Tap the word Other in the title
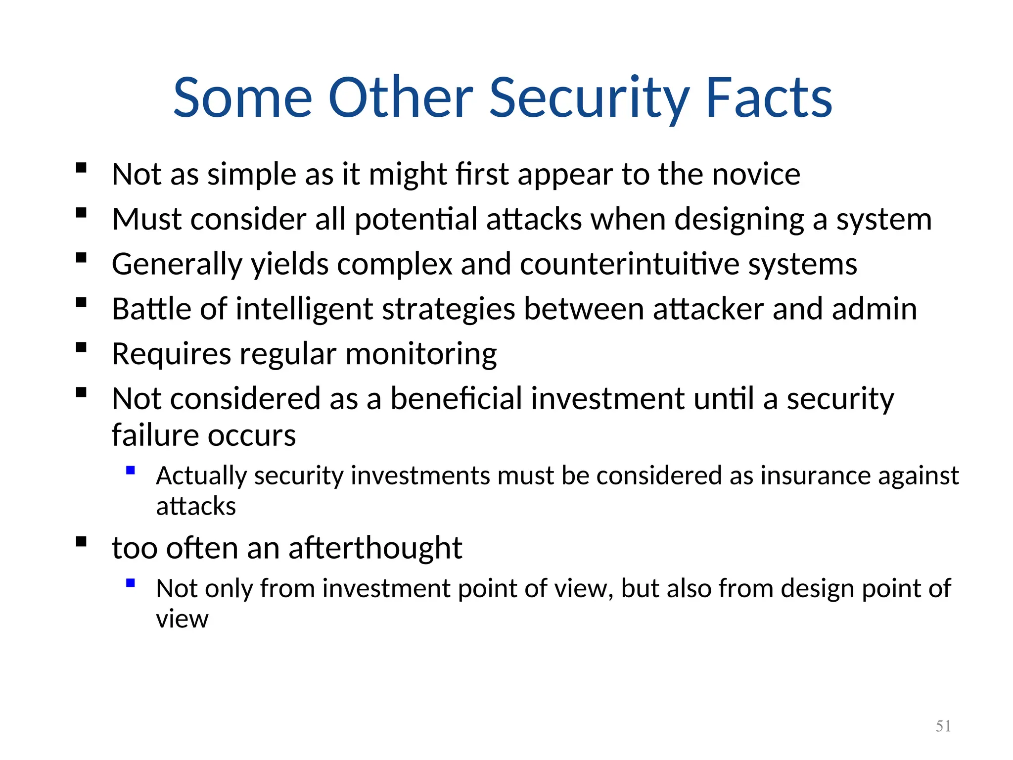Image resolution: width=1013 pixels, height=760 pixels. tap(401, 98)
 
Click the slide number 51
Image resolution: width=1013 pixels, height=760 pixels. tap(943, 726)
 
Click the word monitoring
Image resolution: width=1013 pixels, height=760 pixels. tap(421, 355)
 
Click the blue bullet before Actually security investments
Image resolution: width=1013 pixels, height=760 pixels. tap(131, 471)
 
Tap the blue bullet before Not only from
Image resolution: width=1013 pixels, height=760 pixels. tap(131, 583)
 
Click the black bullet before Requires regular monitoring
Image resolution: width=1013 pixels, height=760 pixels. tap(82, 347)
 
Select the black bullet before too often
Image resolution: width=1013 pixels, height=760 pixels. tap(82, 541)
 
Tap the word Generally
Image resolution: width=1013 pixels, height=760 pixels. tap(177, 265)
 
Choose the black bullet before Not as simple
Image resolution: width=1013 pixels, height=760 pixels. tap(82, 168)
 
